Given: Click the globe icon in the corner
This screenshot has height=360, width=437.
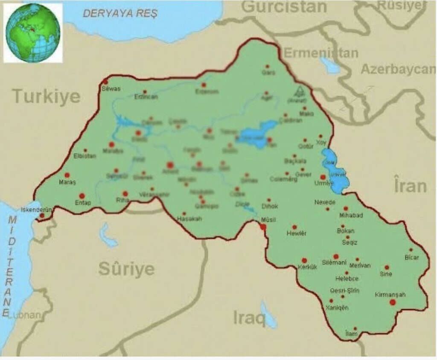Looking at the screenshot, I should tap(33, 33).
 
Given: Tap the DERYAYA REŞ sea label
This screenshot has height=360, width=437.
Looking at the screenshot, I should tap(120, 13).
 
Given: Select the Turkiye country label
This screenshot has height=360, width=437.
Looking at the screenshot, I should tap(46, 97).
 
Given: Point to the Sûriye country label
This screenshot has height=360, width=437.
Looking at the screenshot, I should tap(126, 269).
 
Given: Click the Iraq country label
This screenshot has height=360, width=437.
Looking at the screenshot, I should tap(249, 318).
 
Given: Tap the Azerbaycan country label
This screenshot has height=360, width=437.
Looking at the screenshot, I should tap(398, 70).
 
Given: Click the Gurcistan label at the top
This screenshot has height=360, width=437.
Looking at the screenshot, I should tap(284, 7).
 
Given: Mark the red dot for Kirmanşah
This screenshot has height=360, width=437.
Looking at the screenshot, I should tap(393, 302).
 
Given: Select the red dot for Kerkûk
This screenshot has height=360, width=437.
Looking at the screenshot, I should tap(304, 260).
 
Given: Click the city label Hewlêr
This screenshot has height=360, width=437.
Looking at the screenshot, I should tap(296, 234).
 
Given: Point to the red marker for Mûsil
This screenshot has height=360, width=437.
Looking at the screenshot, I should tap(263, 227).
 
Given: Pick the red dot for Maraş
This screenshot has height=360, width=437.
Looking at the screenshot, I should tap(67, 175).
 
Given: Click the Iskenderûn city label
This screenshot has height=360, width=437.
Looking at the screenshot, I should tap(36, 210).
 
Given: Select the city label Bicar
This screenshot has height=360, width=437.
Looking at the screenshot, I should tap(412, 258).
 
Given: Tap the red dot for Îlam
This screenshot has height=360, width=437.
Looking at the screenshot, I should tap(355, 329).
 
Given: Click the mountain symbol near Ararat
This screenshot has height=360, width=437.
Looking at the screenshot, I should tap(297, 93).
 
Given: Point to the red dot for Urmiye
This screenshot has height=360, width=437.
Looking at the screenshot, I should tap(323, 177).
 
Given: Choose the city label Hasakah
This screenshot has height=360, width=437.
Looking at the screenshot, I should tap(189, 219).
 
